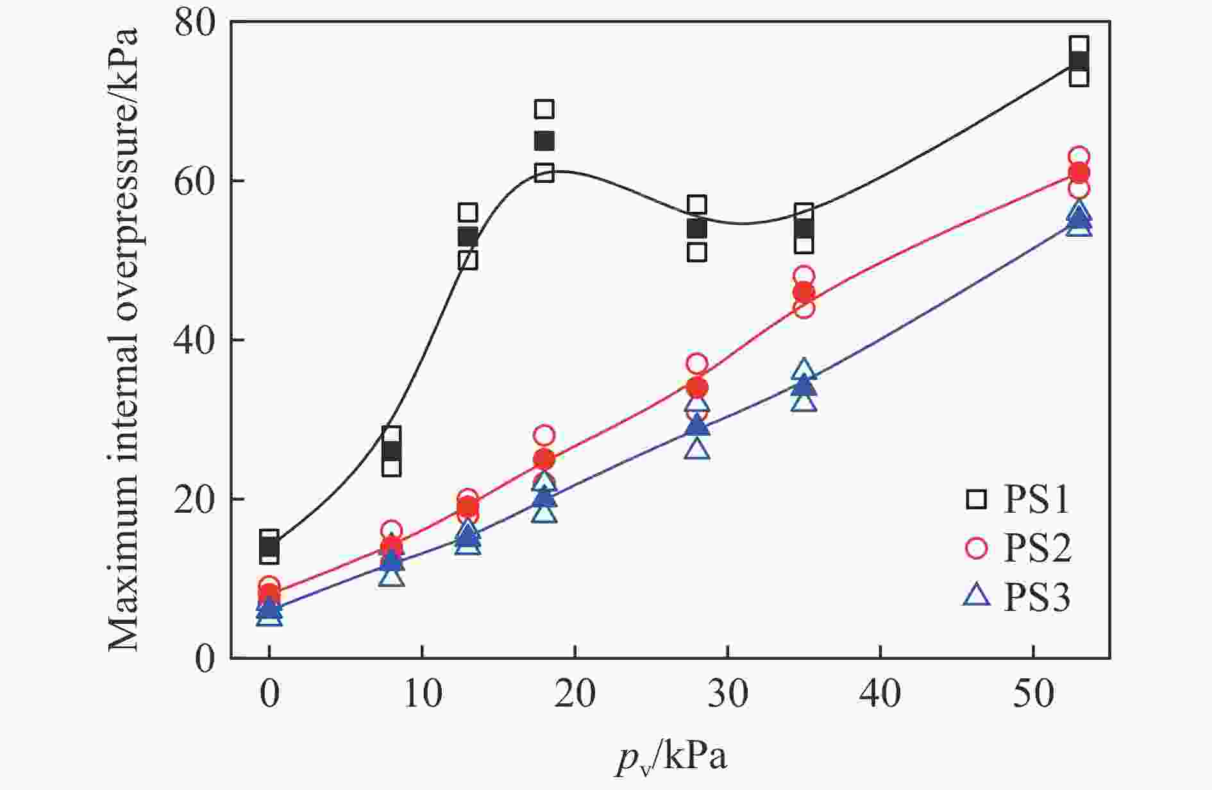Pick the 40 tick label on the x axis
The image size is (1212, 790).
coord(880,694)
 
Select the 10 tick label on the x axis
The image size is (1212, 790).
coord(423,694)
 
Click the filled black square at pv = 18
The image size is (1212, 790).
coord(544,141)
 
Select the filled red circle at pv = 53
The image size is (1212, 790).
coord(1079,173)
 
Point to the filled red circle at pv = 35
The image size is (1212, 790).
coord(804,293)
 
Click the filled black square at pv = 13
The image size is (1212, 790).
coord(468,236)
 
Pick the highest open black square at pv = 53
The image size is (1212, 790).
coord(1079,46)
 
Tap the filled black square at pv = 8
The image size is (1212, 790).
coord(391,451)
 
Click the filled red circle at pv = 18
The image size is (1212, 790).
coord(544,459)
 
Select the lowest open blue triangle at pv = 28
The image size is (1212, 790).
coord(697,449)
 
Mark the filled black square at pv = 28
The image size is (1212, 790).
coord(697,228)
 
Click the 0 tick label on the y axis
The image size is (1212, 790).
coord(205,658)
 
